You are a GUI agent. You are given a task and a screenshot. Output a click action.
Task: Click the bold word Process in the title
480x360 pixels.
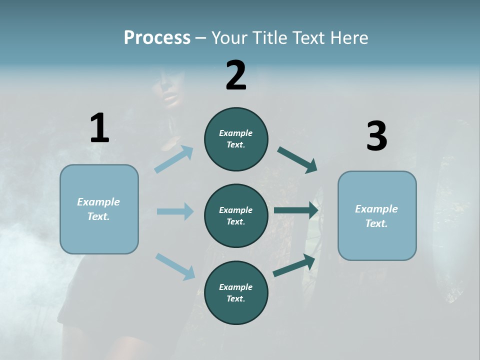coord(157,37)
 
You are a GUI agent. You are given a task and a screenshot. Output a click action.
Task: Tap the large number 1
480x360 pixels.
coord(99,128)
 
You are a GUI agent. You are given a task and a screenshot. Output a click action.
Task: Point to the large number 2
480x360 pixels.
coord(236,75)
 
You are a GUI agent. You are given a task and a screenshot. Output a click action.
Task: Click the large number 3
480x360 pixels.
coord(376,136)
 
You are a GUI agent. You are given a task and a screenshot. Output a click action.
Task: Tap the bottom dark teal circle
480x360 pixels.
coord(236,310)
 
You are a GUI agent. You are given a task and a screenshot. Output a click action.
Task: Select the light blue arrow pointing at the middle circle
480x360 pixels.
coord(175,211)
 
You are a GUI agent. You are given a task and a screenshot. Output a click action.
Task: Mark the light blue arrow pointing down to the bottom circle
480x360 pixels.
coord(175,266)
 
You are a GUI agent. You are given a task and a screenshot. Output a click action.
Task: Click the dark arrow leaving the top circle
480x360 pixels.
coord(297,160)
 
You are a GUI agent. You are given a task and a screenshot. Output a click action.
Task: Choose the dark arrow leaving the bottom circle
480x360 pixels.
coord(294,265)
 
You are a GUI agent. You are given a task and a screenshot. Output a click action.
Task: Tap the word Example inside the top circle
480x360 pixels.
coord(235,133)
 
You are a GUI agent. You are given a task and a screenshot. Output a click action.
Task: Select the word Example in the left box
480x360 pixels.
coord(98,202)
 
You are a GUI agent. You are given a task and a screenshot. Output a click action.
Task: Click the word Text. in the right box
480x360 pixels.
coord(376,223)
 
